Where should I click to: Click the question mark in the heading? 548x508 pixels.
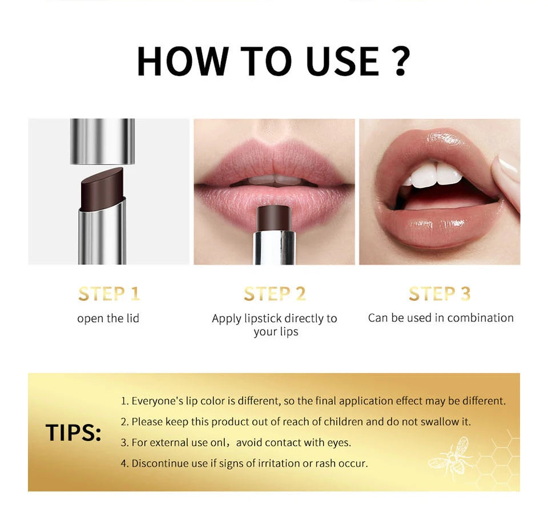coord(401,61)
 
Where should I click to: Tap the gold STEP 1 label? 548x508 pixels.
coord(108,294)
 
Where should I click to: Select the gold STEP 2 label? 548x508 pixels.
coord(275,294)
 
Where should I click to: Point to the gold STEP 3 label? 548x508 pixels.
coord(440,294)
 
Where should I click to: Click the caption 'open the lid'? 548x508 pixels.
coord(108,318)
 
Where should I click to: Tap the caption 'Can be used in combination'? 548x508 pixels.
coord(440,318)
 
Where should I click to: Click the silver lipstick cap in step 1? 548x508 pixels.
coord(103,140)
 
